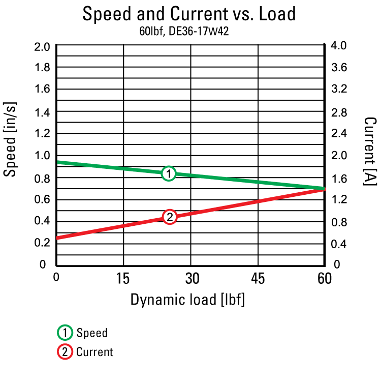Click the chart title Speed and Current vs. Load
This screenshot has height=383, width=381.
pos(189,14)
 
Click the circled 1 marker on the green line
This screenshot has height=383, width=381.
pos(169,173)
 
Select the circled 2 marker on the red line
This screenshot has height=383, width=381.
pos(170,217)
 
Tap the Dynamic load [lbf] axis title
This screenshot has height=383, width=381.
pos(187,300)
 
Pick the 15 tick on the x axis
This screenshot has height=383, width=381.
pos(123,279)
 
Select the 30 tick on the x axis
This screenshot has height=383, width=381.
pos(190,279)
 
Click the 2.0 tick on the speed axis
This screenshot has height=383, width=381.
pos(42,46)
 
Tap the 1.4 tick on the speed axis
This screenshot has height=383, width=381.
pos(42,111)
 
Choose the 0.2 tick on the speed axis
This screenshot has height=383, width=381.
pos(42,243)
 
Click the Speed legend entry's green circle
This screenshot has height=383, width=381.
pos(65,333)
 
